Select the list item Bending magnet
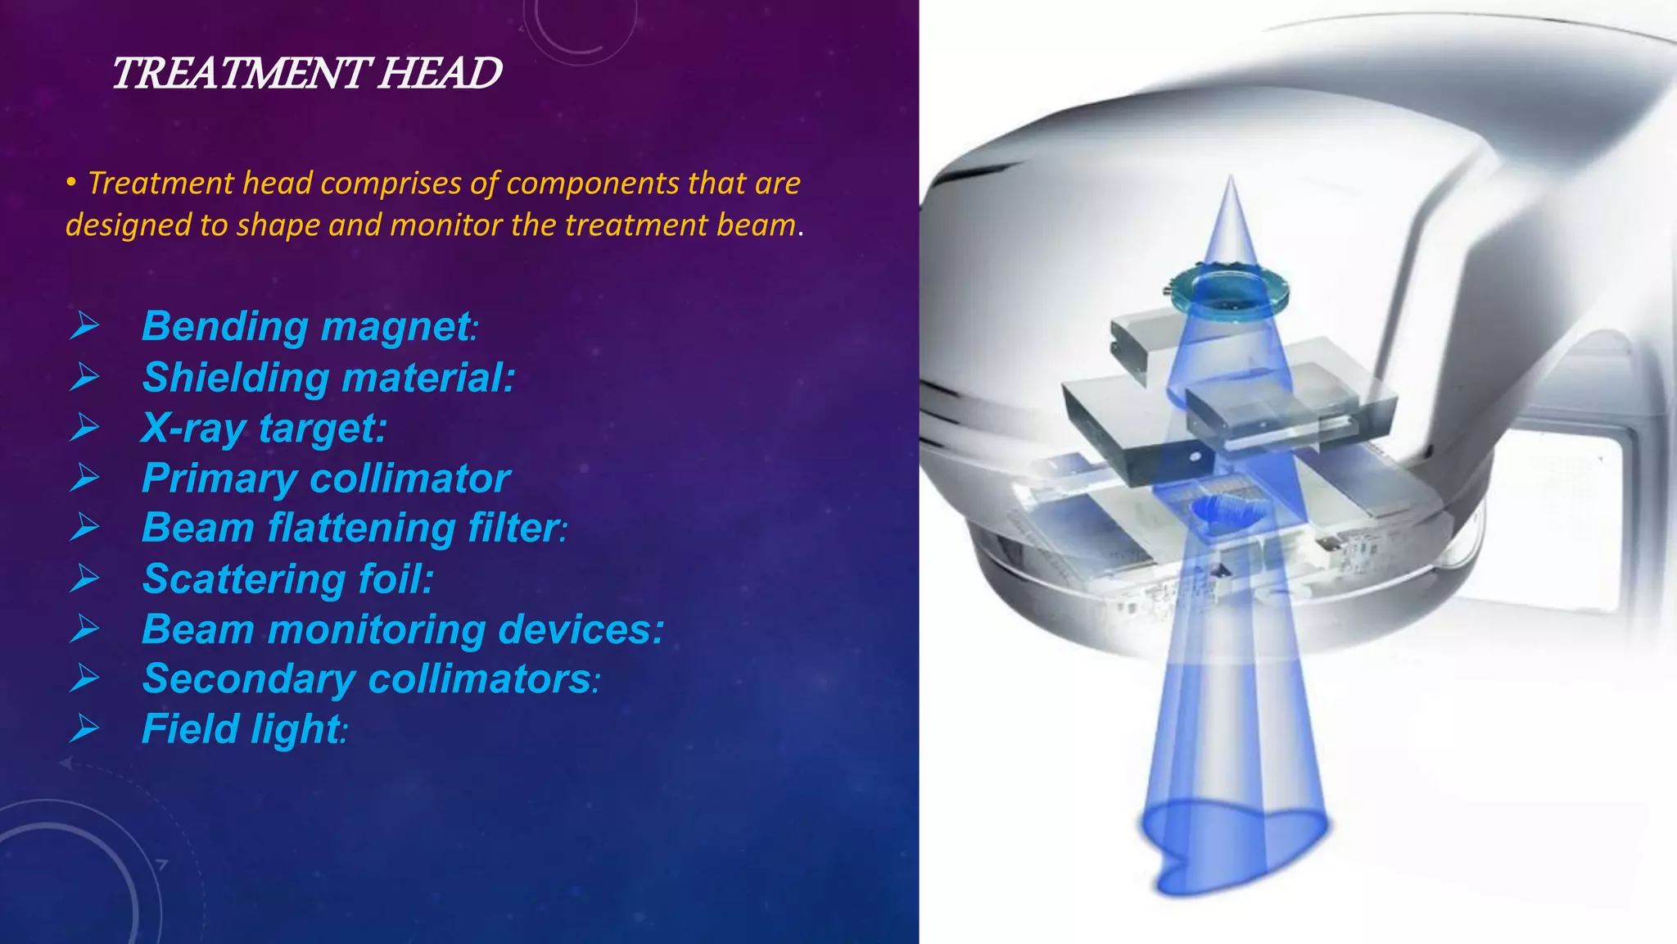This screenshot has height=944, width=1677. coord(308,326)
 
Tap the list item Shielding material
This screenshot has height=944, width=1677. coord(328,378)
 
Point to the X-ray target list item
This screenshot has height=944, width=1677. coord(264,428)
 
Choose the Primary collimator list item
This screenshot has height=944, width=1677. coord(326,479)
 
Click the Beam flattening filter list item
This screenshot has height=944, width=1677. coord(353,528)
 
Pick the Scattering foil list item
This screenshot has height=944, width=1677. coord(287,579)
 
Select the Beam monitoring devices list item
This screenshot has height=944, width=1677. coord(402,629)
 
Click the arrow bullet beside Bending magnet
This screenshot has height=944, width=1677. coord(84,326)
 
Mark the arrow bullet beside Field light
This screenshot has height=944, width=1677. coord(84,728)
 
